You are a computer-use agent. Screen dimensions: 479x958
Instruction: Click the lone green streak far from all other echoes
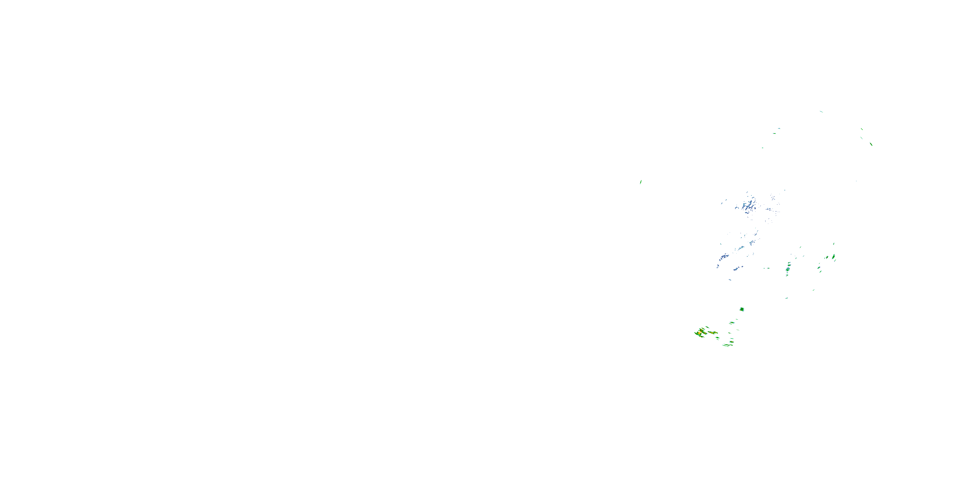pyautogui.click(x=640, y=182)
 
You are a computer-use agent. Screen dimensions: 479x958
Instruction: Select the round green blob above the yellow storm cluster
pyautogui.click(x=742, y=309)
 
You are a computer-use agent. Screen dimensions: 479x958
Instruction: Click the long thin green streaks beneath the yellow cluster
pyautogui.click(x=726, y=346)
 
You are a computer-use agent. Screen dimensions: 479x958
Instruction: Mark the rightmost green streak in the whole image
pyautogui.click(x=871, y=144)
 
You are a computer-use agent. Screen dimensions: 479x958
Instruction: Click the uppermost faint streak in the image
pyautogui.click(x=821, y=111)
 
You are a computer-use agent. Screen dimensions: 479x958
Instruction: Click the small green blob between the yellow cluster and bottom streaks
pyautogui.click(x=717, y=338)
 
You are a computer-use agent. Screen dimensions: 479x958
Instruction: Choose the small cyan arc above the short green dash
pyautogui.click(x=779, y=129)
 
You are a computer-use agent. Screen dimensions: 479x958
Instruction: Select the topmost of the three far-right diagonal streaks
pyautogui.click(x=861, y=129)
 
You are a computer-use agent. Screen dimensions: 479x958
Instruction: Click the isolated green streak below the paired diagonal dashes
pyautogui.click(x=814, y=290)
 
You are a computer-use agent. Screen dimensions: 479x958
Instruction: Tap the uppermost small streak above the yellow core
pyautogui.click(x=707, y=327)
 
